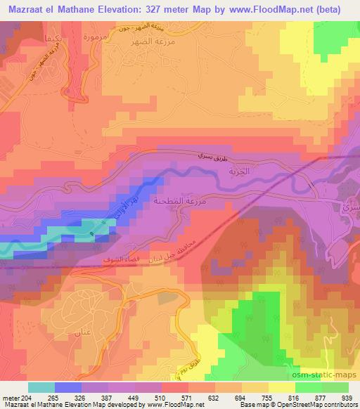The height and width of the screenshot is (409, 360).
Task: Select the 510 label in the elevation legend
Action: [x=148, y=397]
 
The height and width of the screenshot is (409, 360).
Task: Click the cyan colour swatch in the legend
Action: [x=41, y=387]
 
